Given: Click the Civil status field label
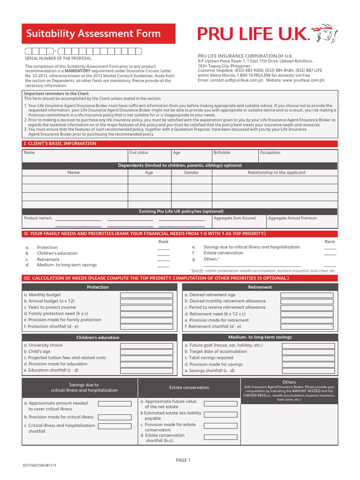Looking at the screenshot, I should tap(139, 153).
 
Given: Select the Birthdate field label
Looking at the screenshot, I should tap(222, 153).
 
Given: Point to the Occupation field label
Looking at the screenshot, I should tap(270, 153).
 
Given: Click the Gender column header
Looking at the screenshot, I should tap(191, 172).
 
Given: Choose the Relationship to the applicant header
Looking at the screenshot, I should tap(276, 172).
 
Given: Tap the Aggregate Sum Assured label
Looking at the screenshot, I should tap(234, 218).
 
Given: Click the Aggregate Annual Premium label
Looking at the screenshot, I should tap(292, 218).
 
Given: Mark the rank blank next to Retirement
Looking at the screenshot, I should tap(163, 259).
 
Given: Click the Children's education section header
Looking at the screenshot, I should tap(98, 337).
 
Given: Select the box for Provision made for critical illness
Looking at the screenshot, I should tap(114, 417).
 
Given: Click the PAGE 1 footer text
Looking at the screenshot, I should tap(183, 460).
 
